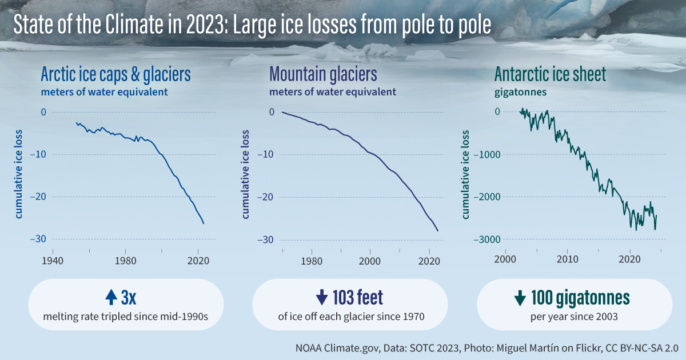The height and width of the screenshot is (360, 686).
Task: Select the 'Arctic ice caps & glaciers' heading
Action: [115, 74]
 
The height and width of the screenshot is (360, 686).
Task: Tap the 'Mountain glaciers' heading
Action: [323, 74]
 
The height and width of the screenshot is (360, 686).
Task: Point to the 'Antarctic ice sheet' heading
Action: [549, 74]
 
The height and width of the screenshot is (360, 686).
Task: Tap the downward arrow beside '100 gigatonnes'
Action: [520, 298]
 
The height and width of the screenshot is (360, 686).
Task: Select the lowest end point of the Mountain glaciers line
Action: [438, 231]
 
